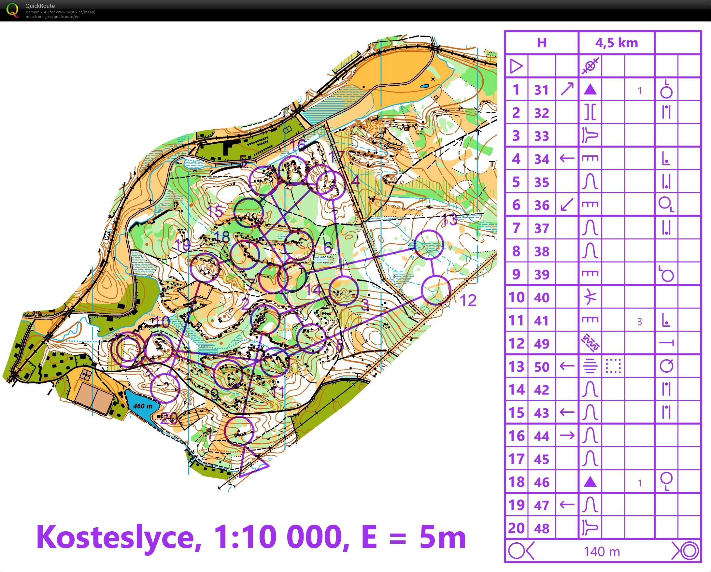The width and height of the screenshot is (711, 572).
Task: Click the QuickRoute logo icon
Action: (x=12, y=10)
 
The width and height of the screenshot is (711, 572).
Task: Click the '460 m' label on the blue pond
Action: (x=142, y=406)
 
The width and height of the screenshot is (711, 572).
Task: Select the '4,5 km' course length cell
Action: (x=616, y=43)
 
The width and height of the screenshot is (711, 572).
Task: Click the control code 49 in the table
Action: (x=542, y=344)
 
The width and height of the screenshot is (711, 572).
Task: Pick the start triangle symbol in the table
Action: (x=516, y=66)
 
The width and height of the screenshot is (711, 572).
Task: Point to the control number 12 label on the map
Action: (x=468, y=301)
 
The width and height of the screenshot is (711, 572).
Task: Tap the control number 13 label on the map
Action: (x=449, y=219)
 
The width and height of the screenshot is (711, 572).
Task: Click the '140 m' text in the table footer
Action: (x=602, y=551)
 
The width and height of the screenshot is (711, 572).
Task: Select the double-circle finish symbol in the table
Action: (x=689, y=551)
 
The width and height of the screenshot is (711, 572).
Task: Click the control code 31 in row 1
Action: (x=542, y=90)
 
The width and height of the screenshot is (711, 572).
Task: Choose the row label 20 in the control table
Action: (x=516, y=528)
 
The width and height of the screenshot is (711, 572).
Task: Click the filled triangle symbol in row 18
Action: (x=590, y=482)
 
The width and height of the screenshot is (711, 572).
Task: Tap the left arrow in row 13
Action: (x=567, y=366)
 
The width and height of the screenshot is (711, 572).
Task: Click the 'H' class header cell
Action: (x=542, y=43)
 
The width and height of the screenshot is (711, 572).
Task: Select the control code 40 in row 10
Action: (x=542, y=297)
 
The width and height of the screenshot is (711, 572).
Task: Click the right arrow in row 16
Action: (x=567, y=436)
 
